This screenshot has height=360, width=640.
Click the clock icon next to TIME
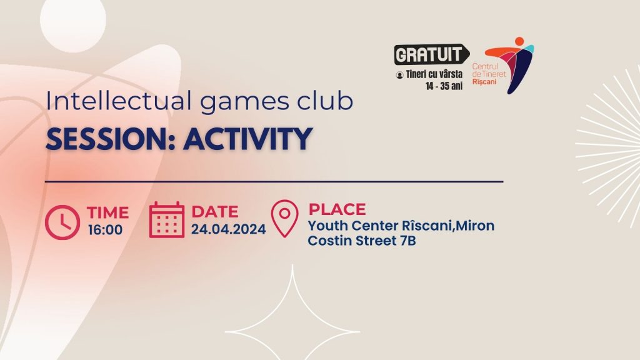coord(62,222)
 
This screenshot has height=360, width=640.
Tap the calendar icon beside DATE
coord(166,219)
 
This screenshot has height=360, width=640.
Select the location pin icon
coord(285,218)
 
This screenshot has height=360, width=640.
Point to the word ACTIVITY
coord(247,139)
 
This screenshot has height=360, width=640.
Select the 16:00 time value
coord(105,230)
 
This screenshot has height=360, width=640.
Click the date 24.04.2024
coord(229,229)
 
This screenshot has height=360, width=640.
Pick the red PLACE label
coord(337,209)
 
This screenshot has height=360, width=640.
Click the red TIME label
coord(107,212)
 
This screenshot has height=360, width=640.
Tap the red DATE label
coord(215,212)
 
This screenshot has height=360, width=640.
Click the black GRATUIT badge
coord(431,54)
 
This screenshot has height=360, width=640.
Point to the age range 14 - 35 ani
coord(444,86)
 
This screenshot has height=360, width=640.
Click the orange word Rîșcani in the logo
coord(484,82)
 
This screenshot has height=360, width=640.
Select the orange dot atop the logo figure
coord(519,41)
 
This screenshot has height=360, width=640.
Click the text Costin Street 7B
coord(362,241)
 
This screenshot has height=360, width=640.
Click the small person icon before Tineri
coord(399,75)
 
